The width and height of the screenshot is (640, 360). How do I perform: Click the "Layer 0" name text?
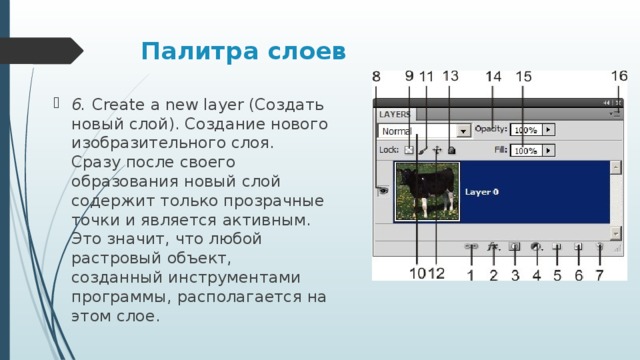[x=482, y=191]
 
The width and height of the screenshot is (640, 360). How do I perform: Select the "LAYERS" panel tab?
[x=396, y=115]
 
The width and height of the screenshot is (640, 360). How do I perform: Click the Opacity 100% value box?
[x=526, y=130]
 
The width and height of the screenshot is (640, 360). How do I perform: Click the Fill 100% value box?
[x=526, y=150]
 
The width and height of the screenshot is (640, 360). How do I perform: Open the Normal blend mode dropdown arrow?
[x=464, y=131]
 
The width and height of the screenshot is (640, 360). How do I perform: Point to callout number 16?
[x=619, y=76]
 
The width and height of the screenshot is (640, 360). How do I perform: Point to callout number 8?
[x=376, y=77]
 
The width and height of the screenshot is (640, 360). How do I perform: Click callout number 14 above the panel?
[x=494, y=77]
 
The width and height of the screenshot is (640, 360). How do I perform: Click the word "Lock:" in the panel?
[x=389, y=150]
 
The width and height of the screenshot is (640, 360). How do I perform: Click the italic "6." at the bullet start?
[x=78, y=104]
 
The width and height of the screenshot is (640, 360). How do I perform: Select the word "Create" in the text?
[x=114, y=104]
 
